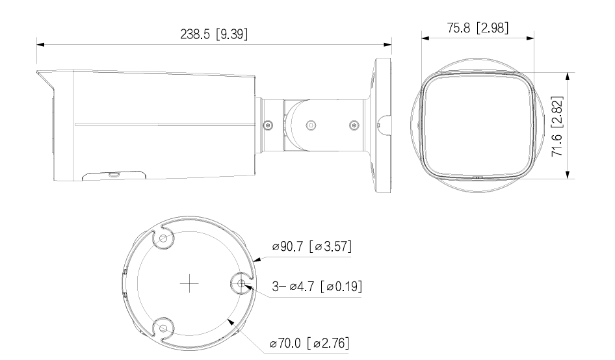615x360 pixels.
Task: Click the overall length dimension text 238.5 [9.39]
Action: click(215, 34)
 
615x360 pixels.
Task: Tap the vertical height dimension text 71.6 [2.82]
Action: click(557, 123)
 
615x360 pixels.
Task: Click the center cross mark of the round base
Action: click(189, 283)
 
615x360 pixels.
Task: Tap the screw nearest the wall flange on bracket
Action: click(353, 124)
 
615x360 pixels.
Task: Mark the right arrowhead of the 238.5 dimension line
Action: click(389, 45)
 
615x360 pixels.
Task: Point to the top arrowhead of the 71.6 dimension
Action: click(568, 74)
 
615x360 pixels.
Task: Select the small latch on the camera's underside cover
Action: click(114, 174)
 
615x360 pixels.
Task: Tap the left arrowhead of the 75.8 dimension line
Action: click(425, 38)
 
